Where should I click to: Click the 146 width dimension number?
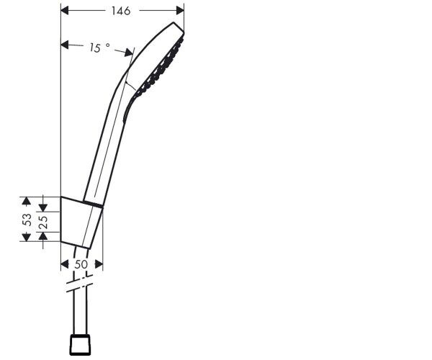121,11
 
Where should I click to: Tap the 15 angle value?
95,48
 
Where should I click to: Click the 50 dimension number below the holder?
81,265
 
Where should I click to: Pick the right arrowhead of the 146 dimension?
180,11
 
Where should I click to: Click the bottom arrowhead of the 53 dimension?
26,238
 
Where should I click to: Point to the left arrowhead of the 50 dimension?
64,265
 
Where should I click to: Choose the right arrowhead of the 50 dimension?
99,265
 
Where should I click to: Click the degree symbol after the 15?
108,45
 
